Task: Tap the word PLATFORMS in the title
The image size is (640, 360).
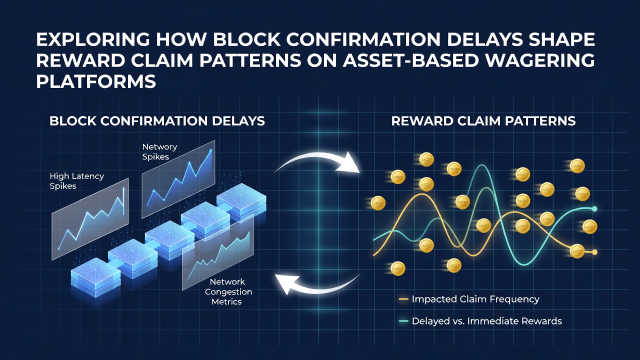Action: (96, 81)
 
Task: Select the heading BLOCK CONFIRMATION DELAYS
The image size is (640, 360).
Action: (157, 121)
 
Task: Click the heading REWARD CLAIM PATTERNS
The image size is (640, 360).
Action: (483, 121)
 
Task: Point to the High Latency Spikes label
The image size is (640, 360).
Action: (77, 181)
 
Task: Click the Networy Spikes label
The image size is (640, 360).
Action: (159, 151)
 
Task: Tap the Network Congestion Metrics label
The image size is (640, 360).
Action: (228, 291)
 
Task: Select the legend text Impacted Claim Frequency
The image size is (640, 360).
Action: (475, 299)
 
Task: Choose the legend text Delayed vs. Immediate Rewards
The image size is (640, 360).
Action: (487, 321)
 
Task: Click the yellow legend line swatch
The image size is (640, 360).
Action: (403, 299)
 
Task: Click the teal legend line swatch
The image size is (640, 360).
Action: (403, 321)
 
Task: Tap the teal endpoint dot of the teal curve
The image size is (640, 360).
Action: (594, 209)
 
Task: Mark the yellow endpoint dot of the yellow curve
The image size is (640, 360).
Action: (594, 252)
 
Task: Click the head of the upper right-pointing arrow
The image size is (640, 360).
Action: (348, 163)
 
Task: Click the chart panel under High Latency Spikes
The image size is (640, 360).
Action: (90, 219)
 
